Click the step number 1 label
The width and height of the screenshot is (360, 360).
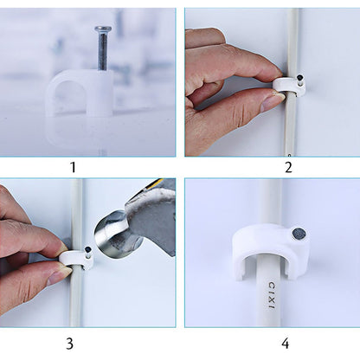(73, 168)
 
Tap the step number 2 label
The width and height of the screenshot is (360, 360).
(288, 168)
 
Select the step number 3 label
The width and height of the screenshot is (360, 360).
(70, 343)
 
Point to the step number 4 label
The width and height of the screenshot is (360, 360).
(289, 343)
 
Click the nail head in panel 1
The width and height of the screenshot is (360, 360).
(103, 30)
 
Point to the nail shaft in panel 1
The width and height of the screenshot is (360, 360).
(103, 52)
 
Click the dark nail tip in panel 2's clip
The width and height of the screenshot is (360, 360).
(293, 80)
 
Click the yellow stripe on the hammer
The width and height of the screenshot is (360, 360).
(155, 183)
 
